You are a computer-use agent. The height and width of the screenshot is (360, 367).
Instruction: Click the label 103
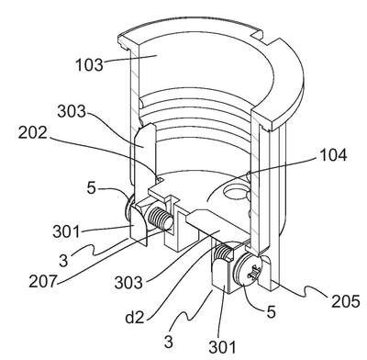[x=89, y=65]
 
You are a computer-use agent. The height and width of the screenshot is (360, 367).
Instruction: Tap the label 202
[x=33, y=133]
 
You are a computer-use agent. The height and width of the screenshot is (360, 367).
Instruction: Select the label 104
[x=333, y=155]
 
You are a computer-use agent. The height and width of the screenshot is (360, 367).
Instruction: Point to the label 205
[x=346, y=301]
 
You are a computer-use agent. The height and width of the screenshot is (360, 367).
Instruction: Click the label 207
[x=43, y=281]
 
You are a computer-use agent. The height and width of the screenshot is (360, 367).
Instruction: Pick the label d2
[x=135, y=318]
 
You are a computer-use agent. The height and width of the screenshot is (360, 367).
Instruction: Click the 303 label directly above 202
[x=72, y=111]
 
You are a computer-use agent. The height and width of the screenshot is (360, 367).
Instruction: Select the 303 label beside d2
[x=128, y=283]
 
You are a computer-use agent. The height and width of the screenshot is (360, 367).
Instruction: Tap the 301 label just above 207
[x=66, y=231]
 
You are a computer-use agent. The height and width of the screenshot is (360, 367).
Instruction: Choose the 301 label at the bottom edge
[x=222, y=347]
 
